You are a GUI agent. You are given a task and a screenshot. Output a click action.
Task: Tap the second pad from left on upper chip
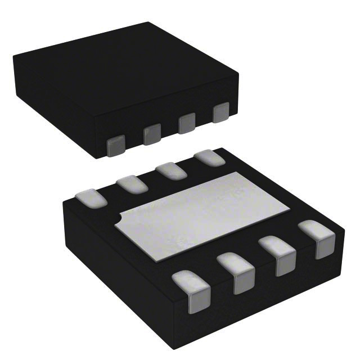(x=152, y=134)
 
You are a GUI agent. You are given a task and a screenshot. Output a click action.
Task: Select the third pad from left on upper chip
(x=187, y=123)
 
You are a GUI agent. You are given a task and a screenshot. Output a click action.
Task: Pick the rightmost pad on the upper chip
(x=222, y=112)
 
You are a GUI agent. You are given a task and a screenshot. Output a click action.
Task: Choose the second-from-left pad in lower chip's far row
(x=133, y=184)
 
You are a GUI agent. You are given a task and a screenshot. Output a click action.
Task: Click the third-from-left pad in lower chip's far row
(x=170, y=170)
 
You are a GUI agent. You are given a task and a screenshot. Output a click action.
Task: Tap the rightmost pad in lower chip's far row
(x=209, y=157)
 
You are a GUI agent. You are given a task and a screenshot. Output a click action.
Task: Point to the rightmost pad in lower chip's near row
(x=317, y=238)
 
